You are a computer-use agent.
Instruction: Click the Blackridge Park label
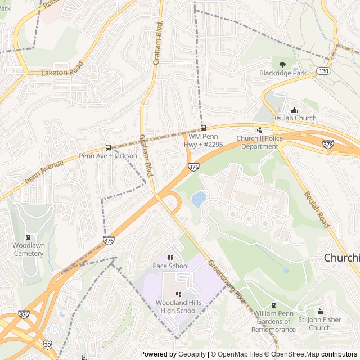pyautogui.click(x=282, y=73)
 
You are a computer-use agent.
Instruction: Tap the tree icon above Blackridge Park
pyautogui.click(x=282, y=65)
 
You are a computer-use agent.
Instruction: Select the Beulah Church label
pyautogui.click(x=294, y=118)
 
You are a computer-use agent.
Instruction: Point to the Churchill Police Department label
pyautogui.click(x=260, y=142)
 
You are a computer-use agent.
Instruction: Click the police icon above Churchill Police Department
pyautogui.click(x=259, y=130)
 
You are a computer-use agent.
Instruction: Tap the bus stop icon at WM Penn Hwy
pyautogui.click(x=203, y=128)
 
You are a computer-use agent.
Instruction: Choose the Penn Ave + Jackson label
pyautogui.click(x=108, y=156)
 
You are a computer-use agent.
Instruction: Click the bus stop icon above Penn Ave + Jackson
pyautogui.click(x=108, y=147)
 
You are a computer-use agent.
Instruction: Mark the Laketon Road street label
pyautogui.click(x=62, y=72)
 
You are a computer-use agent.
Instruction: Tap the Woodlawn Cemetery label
pyautogui.click(x=28, y=249)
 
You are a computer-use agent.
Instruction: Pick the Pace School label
pyautogui.click(x=170, y=265)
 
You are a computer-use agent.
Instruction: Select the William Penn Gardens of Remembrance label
pyautogui.click(x=274, y=325)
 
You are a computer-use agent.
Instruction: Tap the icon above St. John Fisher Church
pyautogui.click(x=319, y=312)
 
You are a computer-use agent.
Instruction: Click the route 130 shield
pyautogui.click(x=323, y=71)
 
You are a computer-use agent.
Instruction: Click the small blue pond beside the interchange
pyautogui.click(x=199, y=199)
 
